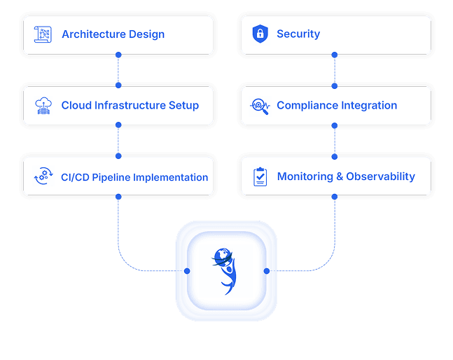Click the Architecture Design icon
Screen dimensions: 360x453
point(43,34)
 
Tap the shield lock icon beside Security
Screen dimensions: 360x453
point(260,34)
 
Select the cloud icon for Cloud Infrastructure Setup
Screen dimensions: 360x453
point(43,106)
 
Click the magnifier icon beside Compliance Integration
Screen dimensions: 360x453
point(260,106)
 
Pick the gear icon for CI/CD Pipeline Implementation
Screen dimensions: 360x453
point(43,177)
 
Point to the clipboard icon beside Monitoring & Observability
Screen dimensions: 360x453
point(260,176)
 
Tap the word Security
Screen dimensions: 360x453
point(298,34)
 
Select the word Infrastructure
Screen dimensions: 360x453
point(127,106)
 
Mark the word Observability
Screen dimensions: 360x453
point(381,177)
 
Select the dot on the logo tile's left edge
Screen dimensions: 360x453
point(186,271)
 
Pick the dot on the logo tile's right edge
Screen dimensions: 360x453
point(267,271)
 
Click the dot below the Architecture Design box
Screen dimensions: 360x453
point(118,55)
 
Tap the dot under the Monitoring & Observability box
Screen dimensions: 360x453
point(335,198)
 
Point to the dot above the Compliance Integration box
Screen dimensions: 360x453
point(335,85)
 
